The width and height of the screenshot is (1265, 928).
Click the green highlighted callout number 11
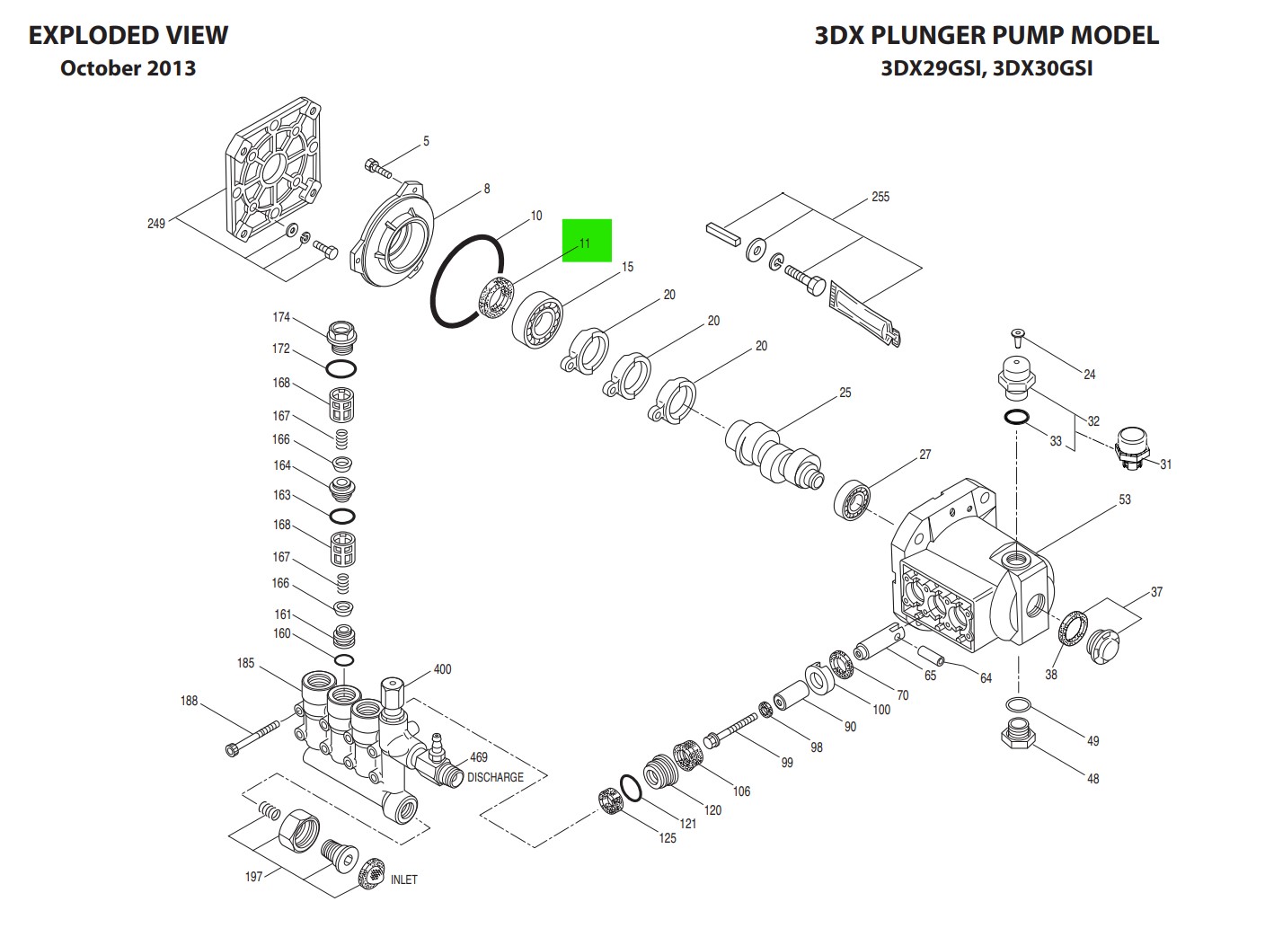[586, 242]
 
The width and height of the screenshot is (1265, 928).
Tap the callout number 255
[880, 197]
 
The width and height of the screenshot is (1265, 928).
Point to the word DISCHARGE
[495, 777]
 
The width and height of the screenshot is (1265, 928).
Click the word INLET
[403, 879]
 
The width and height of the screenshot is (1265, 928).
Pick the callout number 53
[1125, 499]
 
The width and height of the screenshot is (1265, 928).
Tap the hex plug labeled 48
[1016, 737]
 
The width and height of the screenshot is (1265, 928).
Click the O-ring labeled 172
[341, 367]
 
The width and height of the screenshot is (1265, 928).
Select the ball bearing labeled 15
[538, 319]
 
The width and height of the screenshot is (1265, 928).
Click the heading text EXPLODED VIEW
[128, 35]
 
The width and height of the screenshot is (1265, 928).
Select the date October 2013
[128, 68]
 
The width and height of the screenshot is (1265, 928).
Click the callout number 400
[442, 669]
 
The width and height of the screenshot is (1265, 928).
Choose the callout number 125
[667, 838]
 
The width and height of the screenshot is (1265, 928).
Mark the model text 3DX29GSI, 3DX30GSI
[986, 68]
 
